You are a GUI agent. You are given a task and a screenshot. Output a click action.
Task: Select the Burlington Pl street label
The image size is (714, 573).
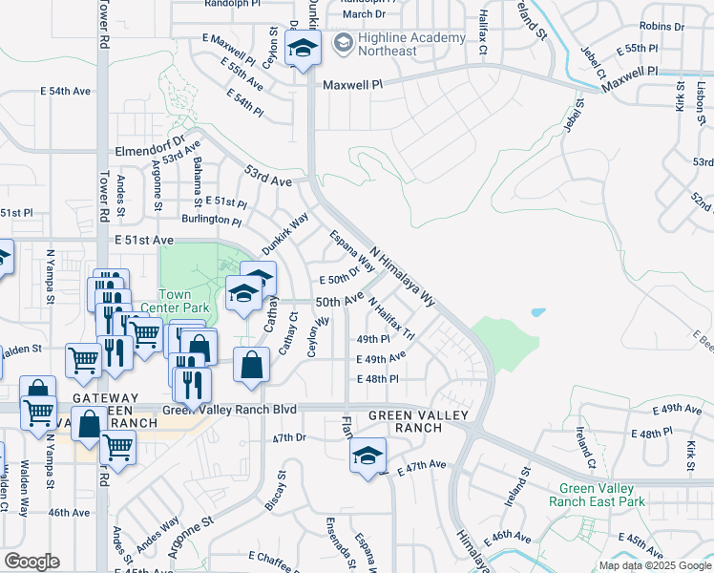210,220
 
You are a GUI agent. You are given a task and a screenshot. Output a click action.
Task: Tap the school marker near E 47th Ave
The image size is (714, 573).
367,456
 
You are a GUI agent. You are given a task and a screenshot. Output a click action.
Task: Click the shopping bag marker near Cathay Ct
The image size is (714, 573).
250,364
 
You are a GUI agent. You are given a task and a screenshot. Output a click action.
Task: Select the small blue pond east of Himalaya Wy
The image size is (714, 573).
537,312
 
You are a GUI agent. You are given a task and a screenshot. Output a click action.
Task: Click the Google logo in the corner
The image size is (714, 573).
31,562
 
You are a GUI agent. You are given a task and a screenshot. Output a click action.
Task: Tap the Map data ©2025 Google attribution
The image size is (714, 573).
654,565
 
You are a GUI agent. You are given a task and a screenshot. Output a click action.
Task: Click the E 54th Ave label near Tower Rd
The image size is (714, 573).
65,91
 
